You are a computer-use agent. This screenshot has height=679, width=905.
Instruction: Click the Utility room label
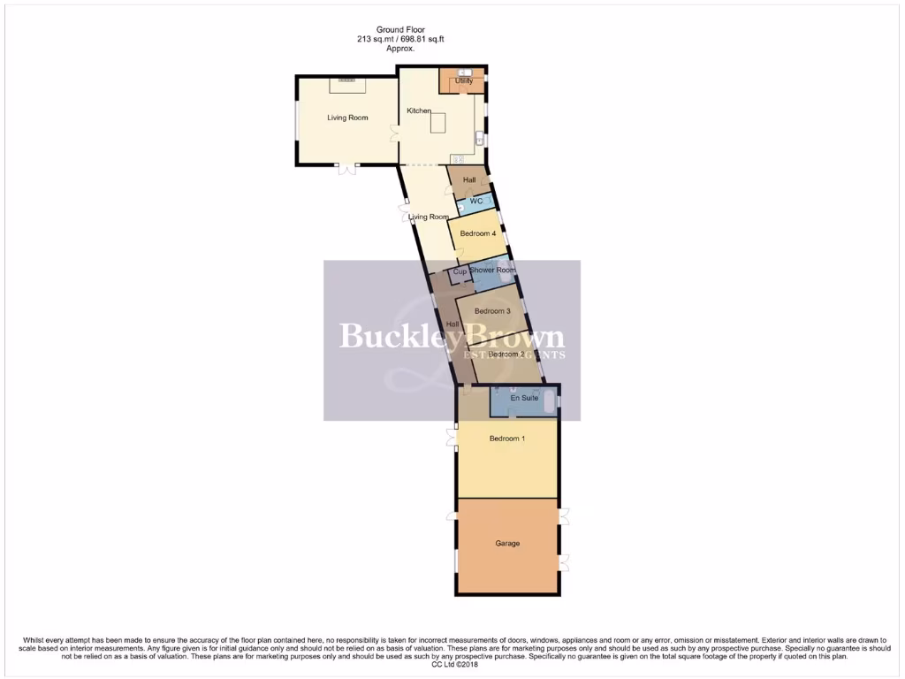pos(463,81)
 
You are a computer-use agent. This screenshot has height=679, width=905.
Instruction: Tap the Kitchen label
pos(418,111)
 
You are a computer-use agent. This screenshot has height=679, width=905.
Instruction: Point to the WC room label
pos(475,202)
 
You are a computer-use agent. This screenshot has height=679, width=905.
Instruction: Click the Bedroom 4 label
pos(477,233)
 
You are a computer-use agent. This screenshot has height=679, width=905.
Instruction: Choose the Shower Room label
pos(492,270)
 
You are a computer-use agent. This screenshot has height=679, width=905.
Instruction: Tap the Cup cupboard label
pos(460,272)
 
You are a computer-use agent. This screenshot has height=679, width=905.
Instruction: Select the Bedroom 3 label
pos(491,311)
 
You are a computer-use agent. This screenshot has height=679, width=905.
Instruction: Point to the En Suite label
pos(525,398)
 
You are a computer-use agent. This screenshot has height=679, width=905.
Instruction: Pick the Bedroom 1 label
pos(506,439)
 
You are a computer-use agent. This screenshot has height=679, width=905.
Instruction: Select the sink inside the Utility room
pos(464,72)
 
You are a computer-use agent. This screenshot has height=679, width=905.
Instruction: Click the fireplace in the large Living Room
pos(346,81)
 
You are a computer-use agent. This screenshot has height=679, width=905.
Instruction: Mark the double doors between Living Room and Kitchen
pos(396,134)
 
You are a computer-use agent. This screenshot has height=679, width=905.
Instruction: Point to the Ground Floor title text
pos(396,28)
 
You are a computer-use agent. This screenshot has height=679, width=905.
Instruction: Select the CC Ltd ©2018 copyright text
pos(452,665)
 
